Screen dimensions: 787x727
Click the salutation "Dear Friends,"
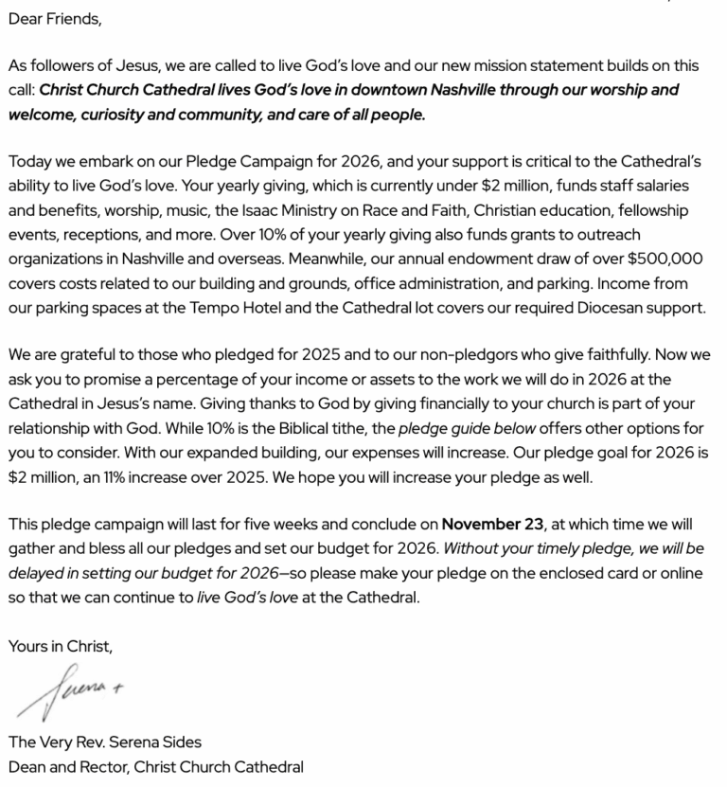click(x=55, y=18)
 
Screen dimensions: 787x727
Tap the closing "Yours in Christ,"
click(x=61, y=647)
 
